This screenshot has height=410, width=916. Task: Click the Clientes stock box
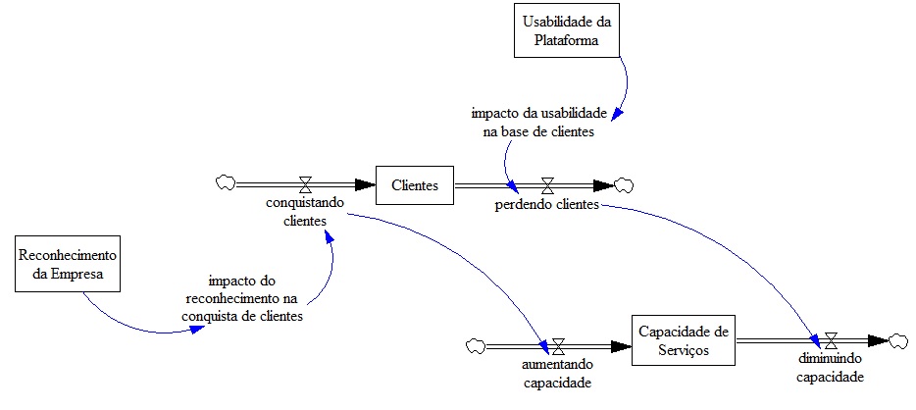click(x=416, y=183)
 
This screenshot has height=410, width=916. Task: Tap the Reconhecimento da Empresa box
click(x=68, y=265)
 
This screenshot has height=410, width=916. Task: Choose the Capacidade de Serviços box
click(x=683, y=338)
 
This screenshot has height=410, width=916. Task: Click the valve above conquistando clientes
click(x=306, y=183)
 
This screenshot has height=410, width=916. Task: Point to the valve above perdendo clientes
click(x=547, y=183)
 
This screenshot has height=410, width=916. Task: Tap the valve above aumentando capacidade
click(x=557, y=345)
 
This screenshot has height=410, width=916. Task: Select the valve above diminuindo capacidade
click(x=831, y=340)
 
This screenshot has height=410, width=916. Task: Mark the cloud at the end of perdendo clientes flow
click(x=624, y=183)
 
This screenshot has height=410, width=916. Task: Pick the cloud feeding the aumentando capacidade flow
click(x=476, y=345)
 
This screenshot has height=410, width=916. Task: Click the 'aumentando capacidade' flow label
click(x=556, y=374)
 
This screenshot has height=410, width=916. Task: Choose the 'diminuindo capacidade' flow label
click(x=830, y=368)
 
